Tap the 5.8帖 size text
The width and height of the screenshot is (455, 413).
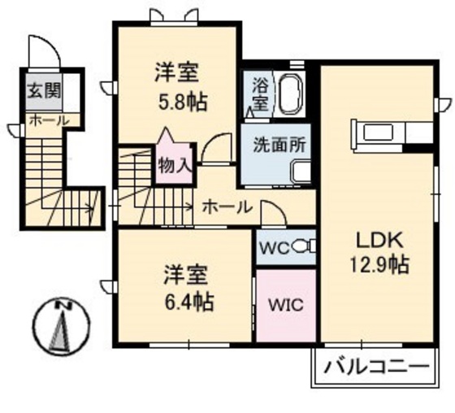180,102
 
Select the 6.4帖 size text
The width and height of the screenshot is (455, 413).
187,302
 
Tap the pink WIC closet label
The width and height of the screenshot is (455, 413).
286,306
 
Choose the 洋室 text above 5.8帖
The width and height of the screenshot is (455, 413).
180,72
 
